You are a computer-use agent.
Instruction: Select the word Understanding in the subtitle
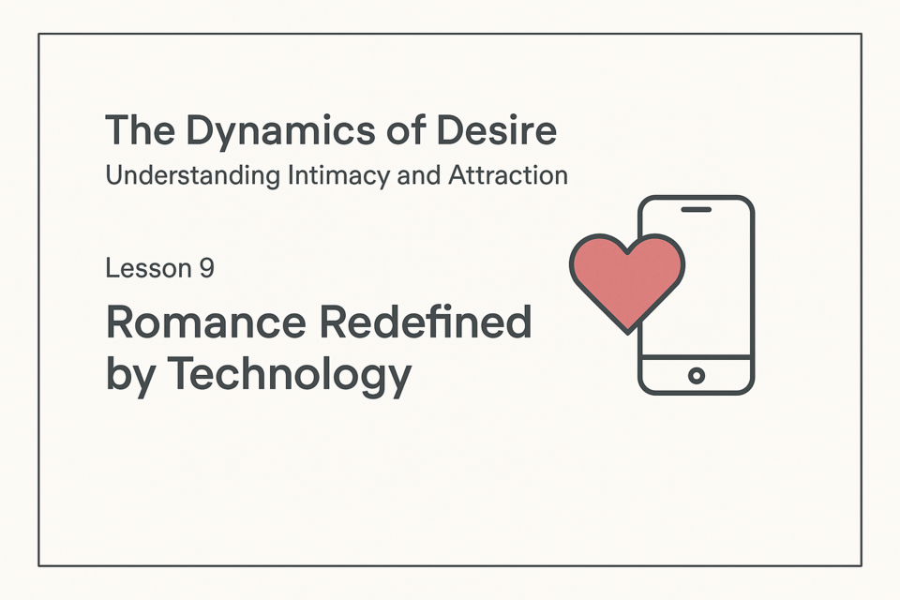[193, 176]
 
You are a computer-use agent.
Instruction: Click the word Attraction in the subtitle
[508, 175]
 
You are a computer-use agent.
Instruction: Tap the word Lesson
[148, 268]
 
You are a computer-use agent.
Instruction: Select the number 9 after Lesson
[206, 268]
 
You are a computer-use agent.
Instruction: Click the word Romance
[206, 322]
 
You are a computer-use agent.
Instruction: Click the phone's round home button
[697, 376]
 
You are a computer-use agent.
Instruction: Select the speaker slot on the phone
[697, 210]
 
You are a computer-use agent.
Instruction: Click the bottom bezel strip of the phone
[697, 376]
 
